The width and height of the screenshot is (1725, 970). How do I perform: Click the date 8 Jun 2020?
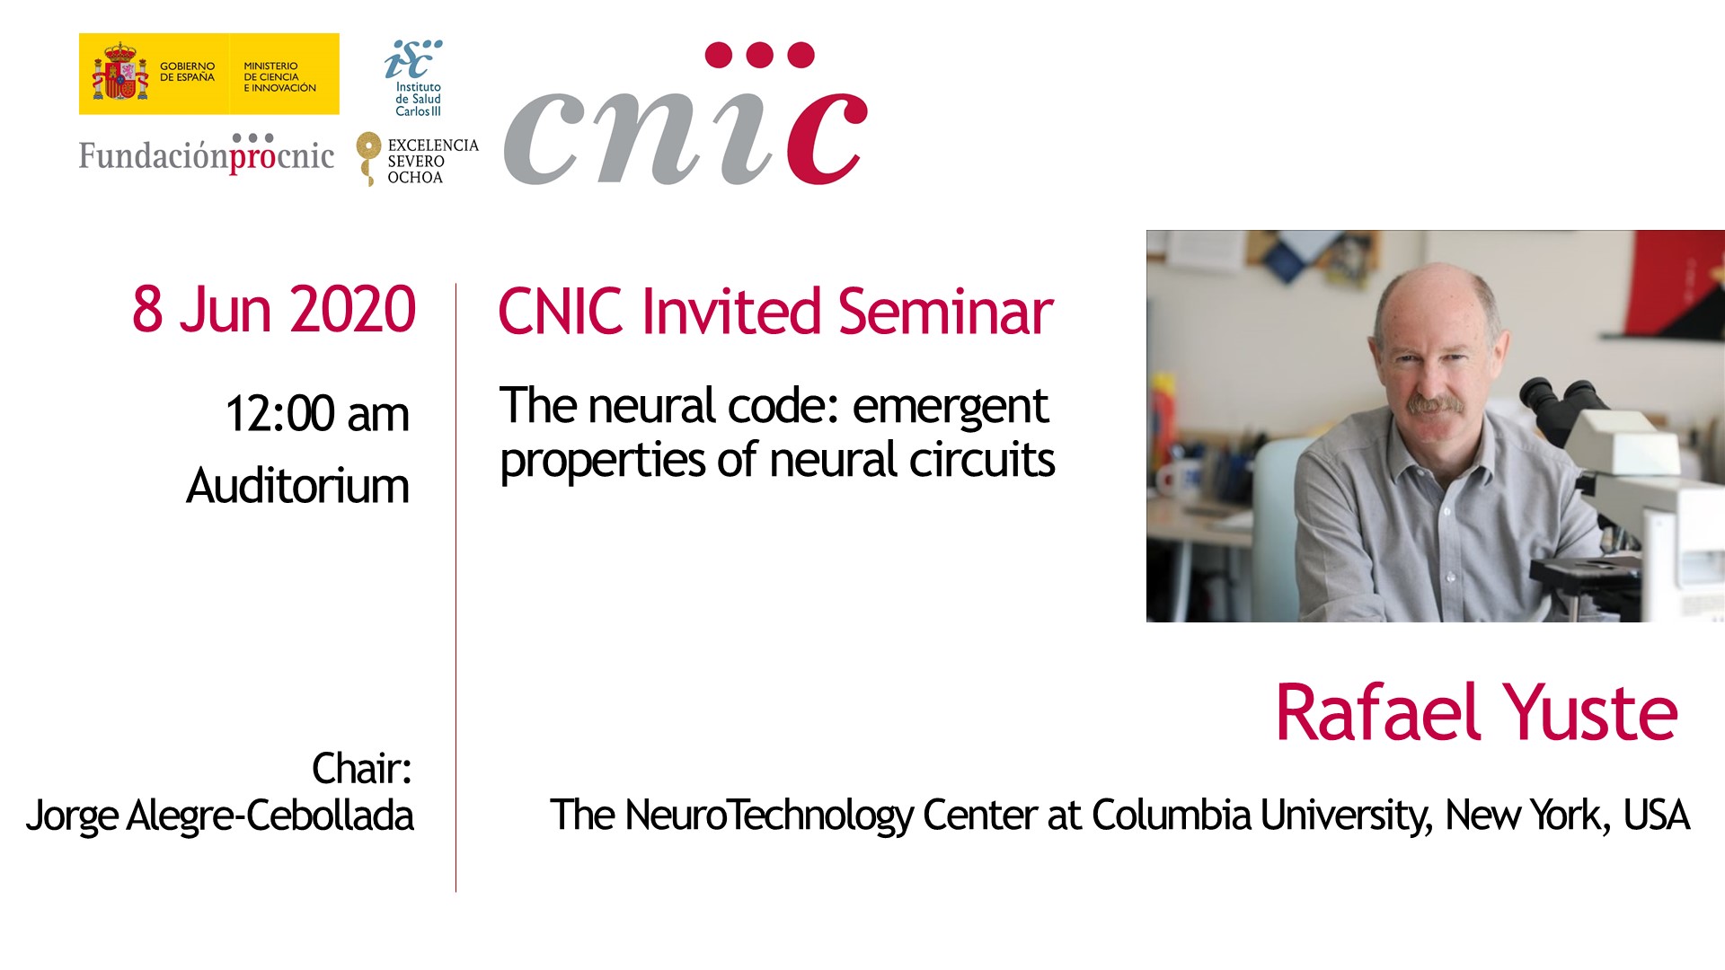coord(274,310)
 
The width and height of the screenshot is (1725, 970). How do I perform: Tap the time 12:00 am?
coord(317,414)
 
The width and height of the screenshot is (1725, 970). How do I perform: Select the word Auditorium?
coord(297,486)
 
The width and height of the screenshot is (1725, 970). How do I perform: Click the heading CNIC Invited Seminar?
coord(775,312)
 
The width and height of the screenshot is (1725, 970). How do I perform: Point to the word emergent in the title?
coord(950,407)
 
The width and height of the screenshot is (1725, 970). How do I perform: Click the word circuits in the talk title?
coord(982,460)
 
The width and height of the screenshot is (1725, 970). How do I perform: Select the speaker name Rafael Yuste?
coord(1476,713)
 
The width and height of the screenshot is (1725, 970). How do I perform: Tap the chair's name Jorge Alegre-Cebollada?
coord(220,816)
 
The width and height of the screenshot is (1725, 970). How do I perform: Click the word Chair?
coord(362,769)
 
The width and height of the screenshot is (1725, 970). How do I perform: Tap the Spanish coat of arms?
coord(119,73)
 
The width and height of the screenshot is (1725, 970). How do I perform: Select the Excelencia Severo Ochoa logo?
coord(417,160)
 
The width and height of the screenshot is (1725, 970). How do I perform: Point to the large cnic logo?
coord(686,115)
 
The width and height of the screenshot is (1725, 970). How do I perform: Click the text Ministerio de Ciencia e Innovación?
coord(279,77)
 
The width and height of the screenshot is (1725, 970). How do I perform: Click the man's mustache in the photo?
coord(1437,405)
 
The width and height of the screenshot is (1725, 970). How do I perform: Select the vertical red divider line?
coord(456,587)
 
